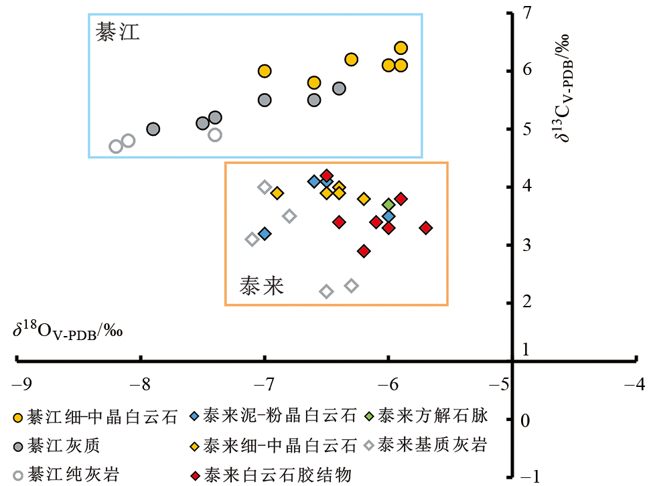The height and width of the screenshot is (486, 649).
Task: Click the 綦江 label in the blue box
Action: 117,33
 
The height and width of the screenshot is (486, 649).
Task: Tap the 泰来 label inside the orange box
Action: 262,287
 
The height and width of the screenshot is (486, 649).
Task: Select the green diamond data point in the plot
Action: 388,204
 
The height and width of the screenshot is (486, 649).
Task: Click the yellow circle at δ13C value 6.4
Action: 401,48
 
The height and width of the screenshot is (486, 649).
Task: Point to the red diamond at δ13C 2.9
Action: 364,251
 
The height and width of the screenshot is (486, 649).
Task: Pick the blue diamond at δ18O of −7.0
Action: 265,234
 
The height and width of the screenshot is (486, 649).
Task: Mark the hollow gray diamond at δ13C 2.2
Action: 326,291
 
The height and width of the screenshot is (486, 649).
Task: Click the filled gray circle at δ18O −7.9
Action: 153,129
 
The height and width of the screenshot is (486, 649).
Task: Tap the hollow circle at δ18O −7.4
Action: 215,135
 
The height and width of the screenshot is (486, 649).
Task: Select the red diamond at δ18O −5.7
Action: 426,228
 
